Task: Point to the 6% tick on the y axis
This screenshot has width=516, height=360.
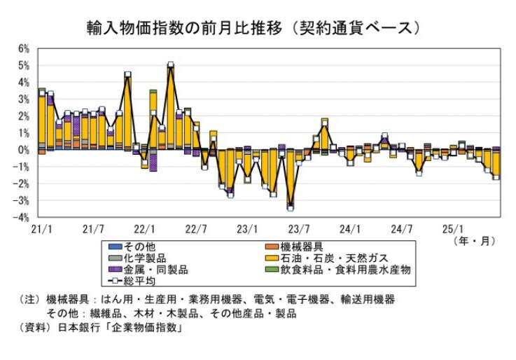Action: click(x=23, y=49)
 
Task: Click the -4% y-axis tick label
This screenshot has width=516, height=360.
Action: click(x=22, y=218)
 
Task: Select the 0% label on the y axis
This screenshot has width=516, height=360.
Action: click(x=23, y=150)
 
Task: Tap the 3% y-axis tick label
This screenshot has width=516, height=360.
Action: click(x=23, y=99)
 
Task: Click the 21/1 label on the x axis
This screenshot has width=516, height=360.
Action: click(x=41, y=228)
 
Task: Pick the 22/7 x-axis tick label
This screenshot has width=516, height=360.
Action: click(x=196, y=228)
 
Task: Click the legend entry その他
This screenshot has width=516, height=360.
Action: click(x=139, y=247)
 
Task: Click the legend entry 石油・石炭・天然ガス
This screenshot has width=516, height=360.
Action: click(x=338, y=258)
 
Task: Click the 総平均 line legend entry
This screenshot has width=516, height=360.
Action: click(x=139, y=280)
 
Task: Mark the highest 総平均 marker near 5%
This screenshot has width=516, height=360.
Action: click(x=170, y=65)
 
